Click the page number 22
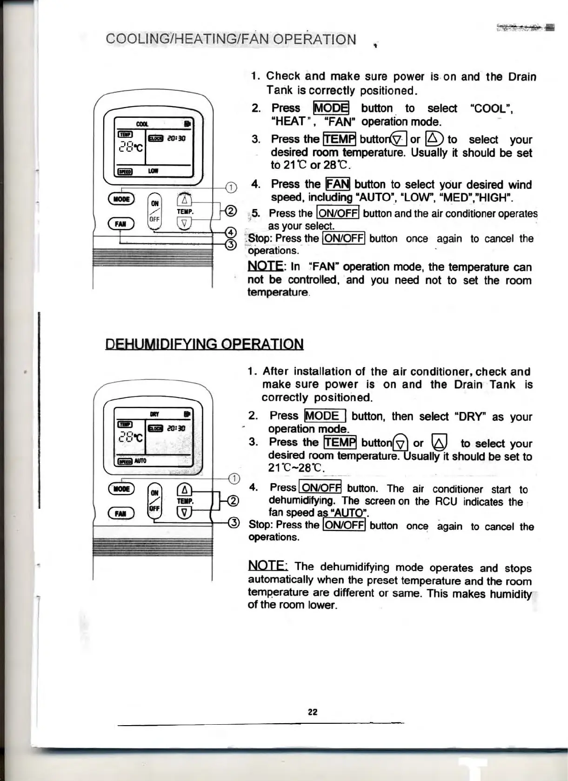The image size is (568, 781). point(312,712)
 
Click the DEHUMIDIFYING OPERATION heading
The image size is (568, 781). point(204,344)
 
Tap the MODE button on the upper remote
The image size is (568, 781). point(121,199)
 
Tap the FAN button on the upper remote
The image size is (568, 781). point(121,224)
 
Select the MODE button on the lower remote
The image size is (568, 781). point(121,489)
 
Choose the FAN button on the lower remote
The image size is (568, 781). point(121,513)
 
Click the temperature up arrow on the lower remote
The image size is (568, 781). point(185,490)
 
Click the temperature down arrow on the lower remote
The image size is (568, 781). point(185,513)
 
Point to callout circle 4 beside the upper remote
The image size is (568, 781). point(230,233)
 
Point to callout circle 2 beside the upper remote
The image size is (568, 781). point(231,211)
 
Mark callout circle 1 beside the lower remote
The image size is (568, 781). point(234,478)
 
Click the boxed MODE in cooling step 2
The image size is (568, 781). point(331,108)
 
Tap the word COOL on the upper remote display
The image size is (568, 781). point(142,124)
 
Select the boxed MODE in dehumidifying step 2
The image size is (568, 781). point(325,416)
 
